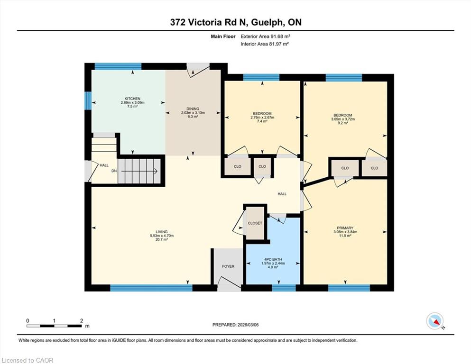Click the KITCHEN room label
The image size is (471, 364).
tap(132, 99)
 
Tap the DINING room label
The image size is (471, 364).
tap(193, 109)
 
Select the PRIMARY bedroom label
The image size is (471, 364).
tap(345, 228)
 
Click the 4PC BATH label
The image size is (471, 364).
tap(273, 260)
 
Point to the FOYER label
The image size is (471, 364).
tap(228, 266)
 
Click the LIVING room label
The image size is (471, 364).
tap(162, 232)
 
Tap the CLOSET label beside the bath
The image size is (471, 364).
tap(255, 223)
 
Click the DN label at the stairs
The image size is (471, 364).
tap(114, 171)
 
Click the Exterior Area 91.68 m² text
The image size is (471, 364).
tap(266, 36)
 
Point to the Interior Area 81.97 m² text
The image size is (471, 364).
tap(265, 44)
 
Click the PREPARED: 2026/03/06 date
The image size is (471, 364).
tap(235, 325)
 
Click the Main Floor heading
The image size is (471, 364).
tap(223, 36)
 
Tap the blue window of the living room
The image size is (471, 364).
tap(151, 288)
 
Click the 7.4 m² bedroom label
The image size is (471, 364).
tap(262, 121)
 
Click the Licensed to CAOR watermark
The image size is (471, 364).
tap(28, 360)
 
